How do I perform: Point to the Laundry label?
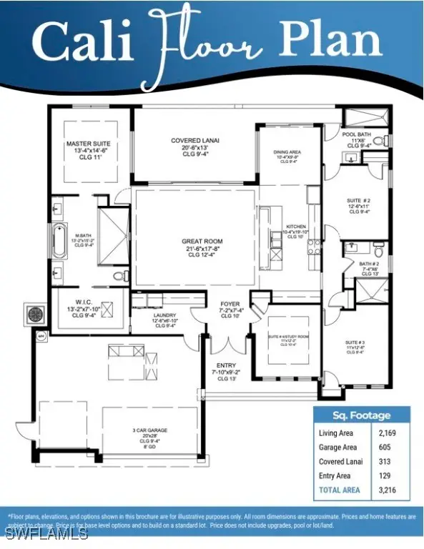click(164, 319)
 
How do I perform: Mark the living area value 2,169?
click(387, 433)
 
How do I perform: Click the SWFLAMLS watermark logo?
click(44, 533)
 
